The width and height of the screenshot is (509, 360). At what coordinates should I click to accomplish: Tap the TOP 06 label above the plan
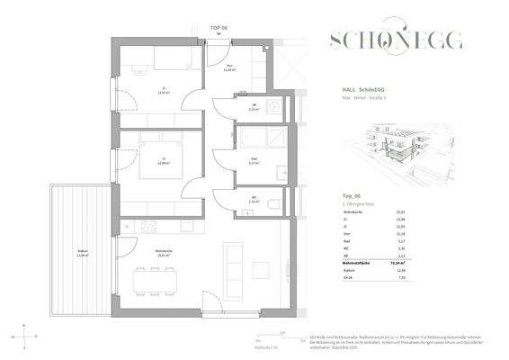[x=219, y=30]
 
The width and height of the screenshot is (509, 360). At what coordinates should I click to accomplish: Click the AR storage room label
[x=254, y=107]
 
